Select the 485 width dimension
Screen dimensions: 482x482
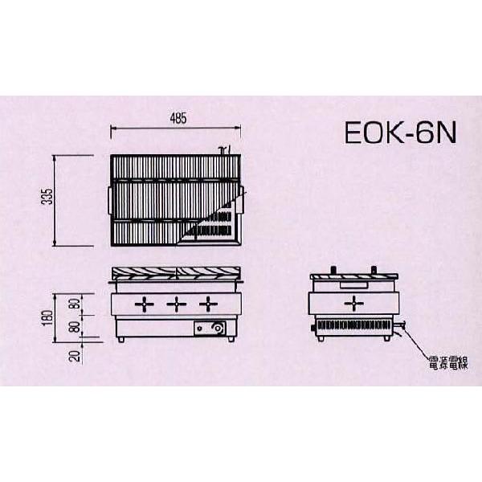coord(178,119)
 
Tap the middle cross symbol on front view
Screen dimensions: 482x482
coord(176,304)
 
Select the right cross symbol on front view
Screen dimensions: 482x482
coord(209,304)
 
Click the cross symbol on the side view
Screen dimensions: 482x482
coord(353,303)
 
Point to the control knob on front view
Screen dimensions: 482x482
coord(214,329)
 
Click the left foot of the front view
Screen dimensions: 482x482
coord(121,343)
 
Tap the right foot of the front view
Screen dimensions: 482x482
coord(232,343)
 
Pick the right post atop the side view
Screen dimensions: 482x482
coord(373,270)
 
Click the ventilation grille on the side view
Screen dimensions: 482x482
coord(353,327)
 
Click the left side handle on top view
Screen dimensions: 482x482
coord(108,198)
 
